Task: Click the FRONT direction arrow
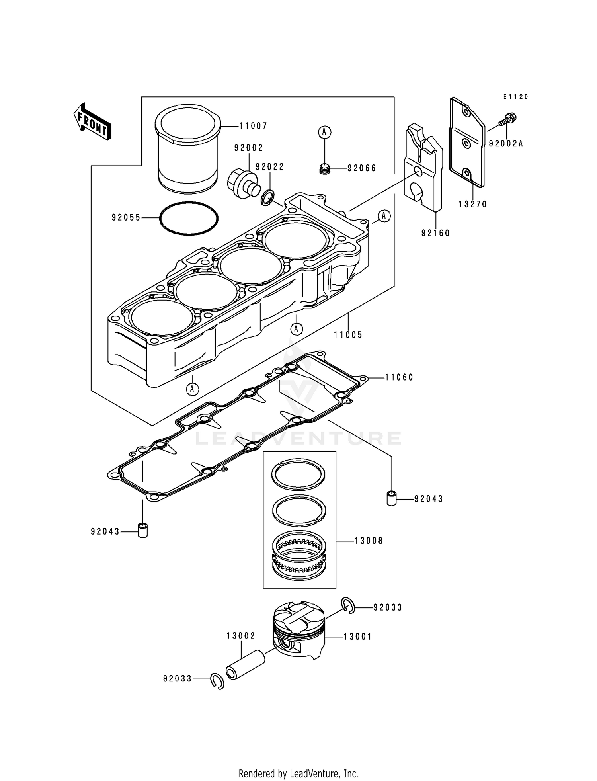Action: tap(92, 122)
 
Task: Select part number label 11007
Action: tap(253, 126)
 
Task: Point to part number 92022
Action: tap(270, 167)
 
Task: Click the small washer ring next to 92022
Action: tap(268, 198)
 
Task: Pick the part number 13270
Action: tap(473, 205)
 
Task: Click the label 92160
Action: tap(436, 233)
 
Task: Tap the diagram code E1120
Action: tap(515, 97)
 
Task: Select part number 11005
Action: tap(348, 335)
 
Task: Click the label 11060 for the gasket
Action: tap(399, 377)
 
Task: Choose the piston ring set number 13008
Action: tap(369, 541)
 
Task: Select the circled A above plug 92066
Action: tap(325, 132)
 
